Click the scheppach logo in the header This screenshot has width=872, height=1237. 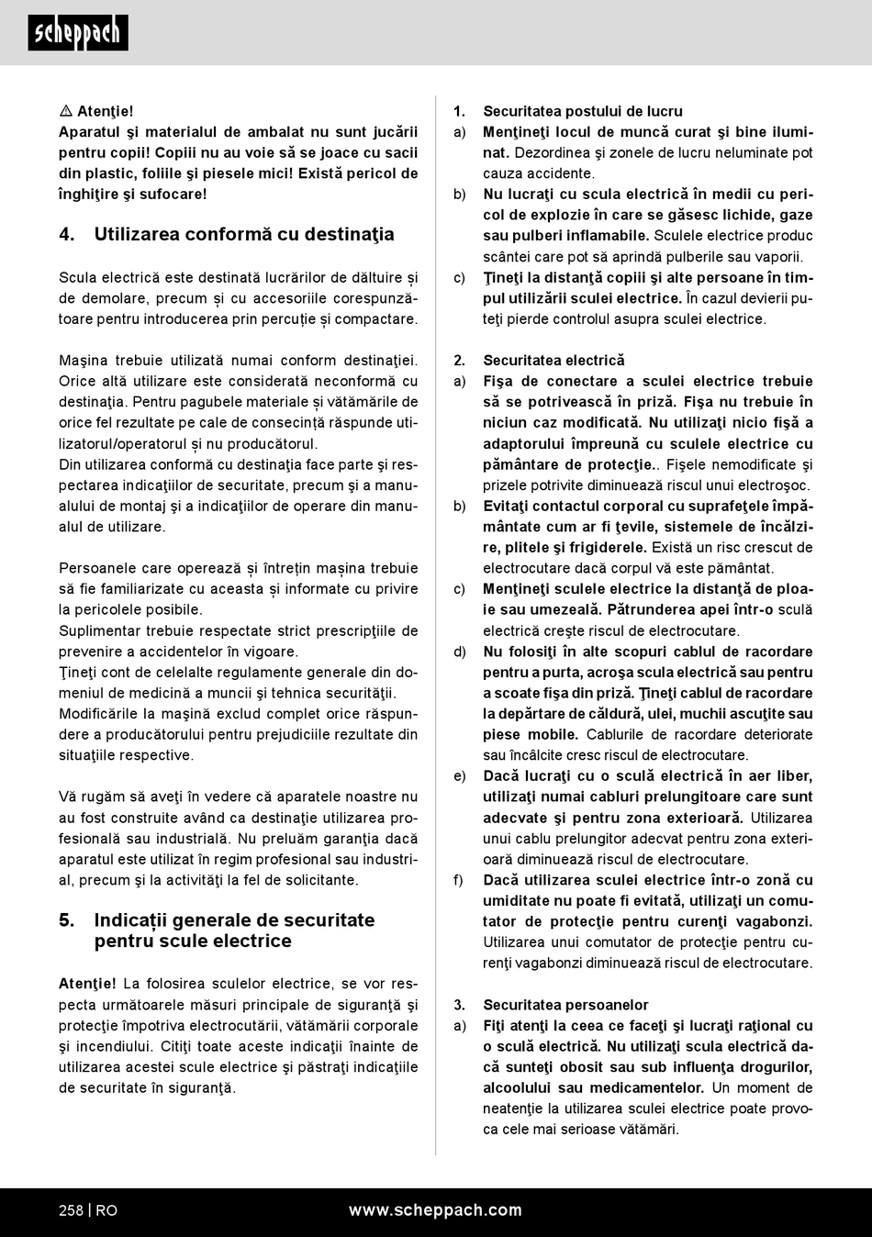pos(78,33)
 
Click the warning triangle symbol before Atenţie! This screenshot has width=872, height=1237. pos(66,111)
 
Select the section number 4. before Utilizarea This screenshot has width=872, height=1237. pos(67,234)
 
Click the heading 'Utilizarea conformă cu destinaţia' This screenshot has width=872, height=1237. pos(244,234)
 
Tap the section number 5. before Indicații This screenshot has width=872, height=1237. pos(67,920)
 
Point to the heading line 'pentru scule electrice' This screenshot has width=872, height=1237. pos(193,942)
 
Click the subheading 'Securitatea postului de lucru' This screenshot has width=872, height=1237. pos(583,111)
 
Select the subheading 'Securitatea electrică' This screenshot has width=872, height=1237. pos(553,361)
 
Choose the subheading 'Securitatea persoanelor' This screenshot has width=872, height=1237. pos(565,1005)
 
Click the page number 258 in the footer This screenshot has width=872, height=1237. pos(71,1210)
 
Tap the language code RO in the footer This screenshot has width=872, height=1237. pos(106,1210)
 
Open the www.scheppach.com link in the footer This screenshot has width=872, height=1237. pos(435,1210)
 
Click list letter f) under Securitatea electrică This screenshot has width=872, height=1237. pos(458,880)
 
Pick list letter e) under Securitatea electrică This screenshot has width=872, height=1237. pos(459,776)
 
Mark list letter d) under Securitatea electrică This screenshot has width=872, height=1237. pos(459,652)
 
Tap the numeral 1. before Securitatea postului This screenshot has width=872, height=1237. pos(459,111)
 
